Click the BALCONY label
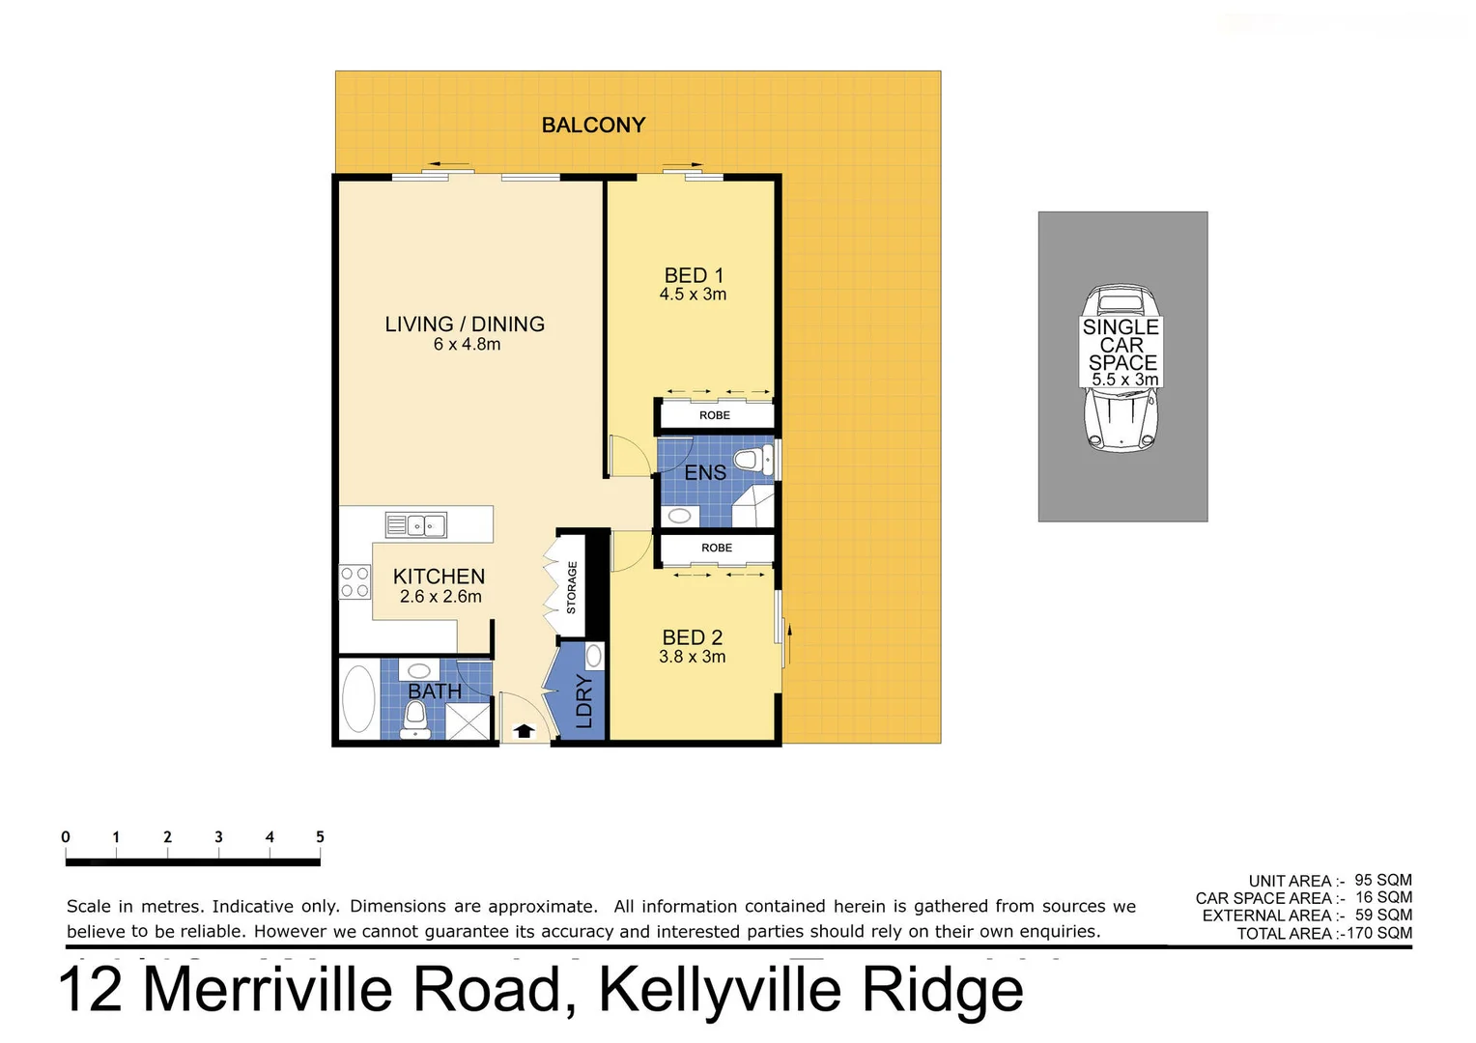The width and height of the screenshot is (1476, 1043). [x=593, y=125]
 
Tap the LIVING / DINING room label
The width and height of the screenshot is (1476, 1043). [x=465, y=324]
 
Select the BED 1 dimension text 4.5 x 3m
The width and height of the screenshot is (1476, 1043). [x=693, y=295]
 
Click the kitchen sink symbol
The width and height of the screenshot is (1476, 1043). [x=416, y=525]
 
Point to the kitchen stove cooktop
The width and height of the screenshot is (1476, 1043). [x=355, y=582]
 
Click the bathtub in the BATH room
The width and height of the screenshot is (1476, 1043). [x=358, y=699]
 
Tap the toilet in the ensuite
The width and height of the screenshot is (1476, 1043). [x=752, y=460]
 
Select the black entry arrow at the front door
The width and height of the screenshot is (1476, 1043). [x=524, y=731]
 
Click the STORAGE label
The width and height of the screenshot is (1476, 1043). [x=571, y=587]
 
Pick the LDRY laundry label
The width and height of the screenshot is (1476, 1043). [x=584, y=701]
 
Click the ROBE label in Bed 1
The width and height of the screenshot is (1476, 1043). [x=715, y=415]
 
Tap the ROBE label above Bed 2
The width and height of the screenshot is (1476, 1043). [x=717, y=548]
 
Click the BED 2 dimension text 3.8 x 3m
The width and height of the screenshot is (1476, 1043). [x=692, y=657]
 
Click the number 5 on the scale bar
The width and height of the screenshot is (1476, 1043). [x=320, y=837]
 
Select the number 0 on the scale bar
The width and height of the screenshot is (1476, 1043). [x=66, y=837]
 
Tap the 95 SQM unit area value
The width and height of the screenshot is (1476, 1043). [x=1383, y=880]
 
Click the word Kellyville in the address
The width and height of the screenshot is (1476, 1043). [x=720, y=990]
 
